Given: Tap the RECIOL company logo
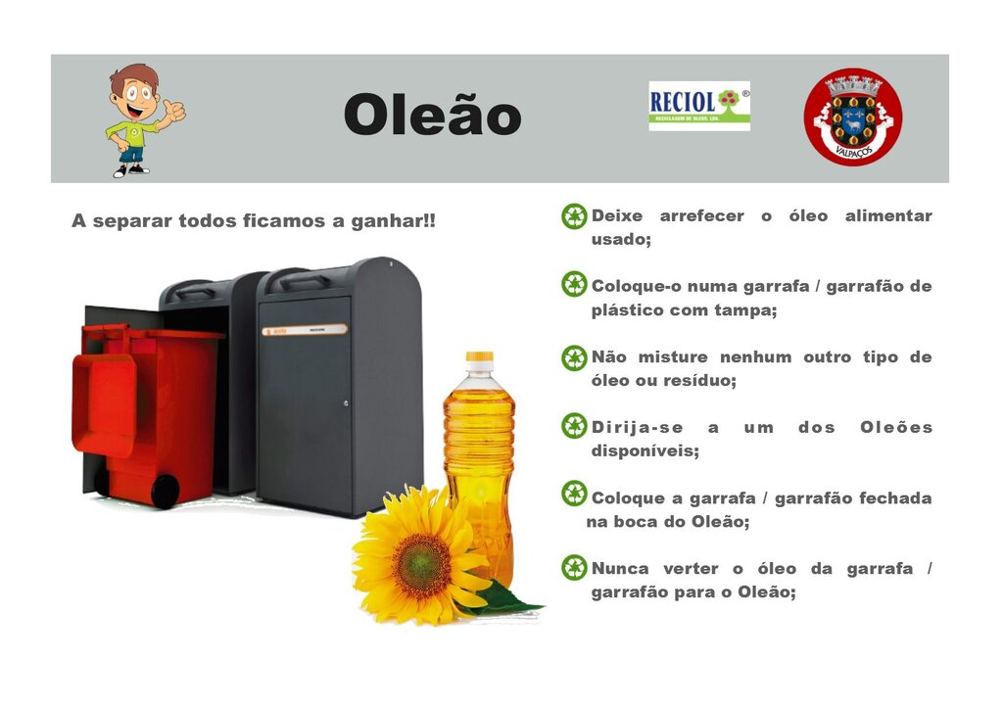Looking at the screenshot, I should [699, 106].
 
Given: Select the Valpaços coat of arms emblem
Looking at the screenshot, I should [852, 117].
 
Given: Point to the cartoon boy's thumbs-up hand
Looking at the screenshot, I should [175, 112].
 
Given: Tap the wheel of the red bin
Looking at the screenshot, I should [165, 491].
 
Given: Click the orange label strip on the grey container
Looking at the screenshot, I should [305, 331].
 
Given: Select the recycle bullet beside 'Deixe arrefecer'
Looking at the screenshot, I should [574, 216].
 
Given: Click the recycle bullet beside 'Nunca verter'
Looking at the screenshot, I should [574, 569].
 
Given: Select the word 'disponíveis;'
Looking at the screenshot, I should [644, 451].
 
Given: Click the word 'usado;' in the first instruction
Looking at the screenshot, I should [621, 240].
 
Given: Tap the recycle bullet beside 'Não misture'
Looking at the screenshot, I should [574, 357].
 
